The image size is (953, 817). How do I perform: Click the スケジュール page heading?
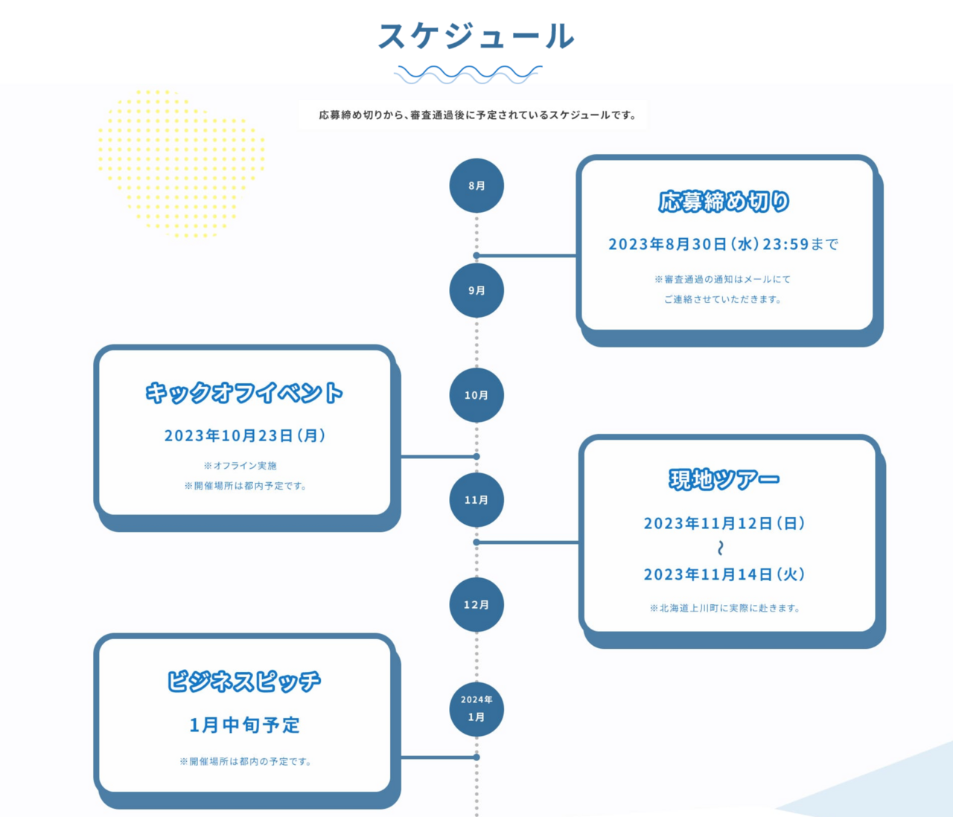(x=476, y=36)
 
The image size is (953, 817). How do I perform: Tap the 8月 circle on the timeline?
(x=476, y=185)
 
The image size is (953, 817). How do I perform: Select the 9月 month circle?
(x=476, y=290)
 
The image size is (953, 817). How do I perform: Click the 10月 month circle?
(x=476, y=395)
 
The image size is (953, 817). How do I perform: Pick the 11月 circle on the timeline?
(x=476, y=500)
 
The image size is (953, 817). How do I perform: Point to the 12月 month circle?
(x=476, y=605)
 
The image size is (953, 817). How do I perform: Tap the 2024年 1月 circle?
(x=476, y=709)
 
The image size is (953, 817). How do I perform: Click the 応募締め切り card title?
(x=724, y=202)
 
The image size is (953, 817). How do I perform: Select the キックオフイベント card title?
(x=244, y=393)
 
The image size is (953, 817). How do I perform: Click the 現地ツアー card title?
(x=724, y=480)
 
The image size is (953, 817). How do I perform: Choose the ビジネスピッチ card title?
(x=244, y=682)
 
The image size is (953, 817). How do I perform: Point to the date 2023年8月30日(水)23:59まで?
(x=723, y=244)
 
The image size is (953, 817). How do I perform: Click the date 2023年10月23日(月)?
(x=244, y=435)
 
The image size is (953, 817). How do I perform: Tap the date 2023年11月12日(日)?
(x=724, y=523)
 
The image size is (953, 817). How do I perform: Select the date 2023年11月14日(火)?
(x=724, y=574)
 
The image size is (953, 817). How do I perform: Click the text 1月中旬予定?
(x=244, y=725)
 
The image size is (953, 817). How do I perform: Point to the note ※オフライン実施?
(x=240, y=466)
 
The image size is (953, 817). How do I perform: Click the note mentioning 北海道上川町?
(x=724, y=608)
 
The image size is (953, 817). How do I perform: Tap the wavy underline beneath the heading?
(x=468, y=74)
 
